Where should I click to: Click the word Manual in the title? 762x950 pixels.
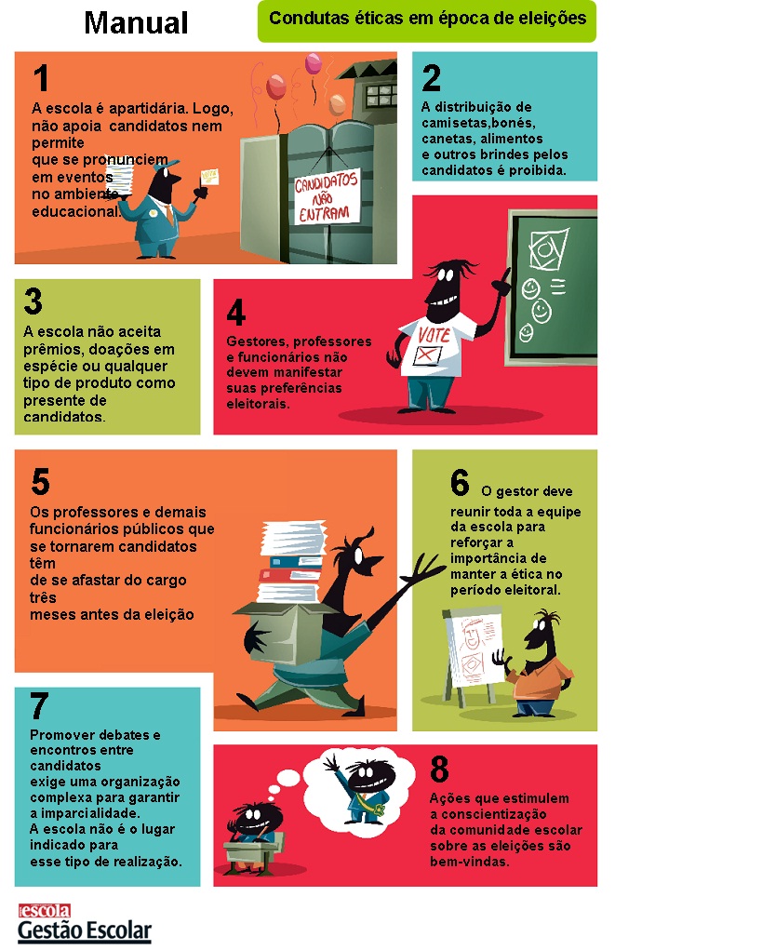136,23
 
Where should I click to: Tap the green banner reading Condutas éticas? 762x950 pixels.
426,21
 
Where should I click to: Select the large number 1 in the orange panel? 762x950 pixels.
41,78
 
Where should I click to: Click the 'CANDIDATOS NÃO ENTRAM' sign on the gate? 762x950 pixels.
326,197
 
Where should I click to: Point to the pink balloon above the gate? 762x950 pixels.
314,63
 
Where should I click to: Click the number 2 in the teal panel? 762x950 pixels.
432,77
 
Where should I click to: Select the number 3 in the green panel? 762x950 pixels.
33,301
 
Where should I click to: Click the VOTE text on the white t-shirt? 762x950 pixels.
434,335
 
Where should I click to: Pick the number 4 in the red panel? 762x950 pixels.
235,313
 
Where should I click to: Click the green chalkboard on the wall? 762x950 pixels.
553,288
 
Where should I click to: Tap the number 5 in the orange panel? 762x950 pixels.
40,482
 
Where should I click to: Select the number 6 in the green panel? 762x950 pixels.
460,483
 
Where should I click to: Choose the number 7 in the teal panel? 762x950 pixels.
39,706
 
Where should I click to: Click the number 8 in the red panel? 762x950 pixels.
439,769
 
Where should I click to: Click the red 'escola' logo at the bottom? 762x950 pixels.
45,911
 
